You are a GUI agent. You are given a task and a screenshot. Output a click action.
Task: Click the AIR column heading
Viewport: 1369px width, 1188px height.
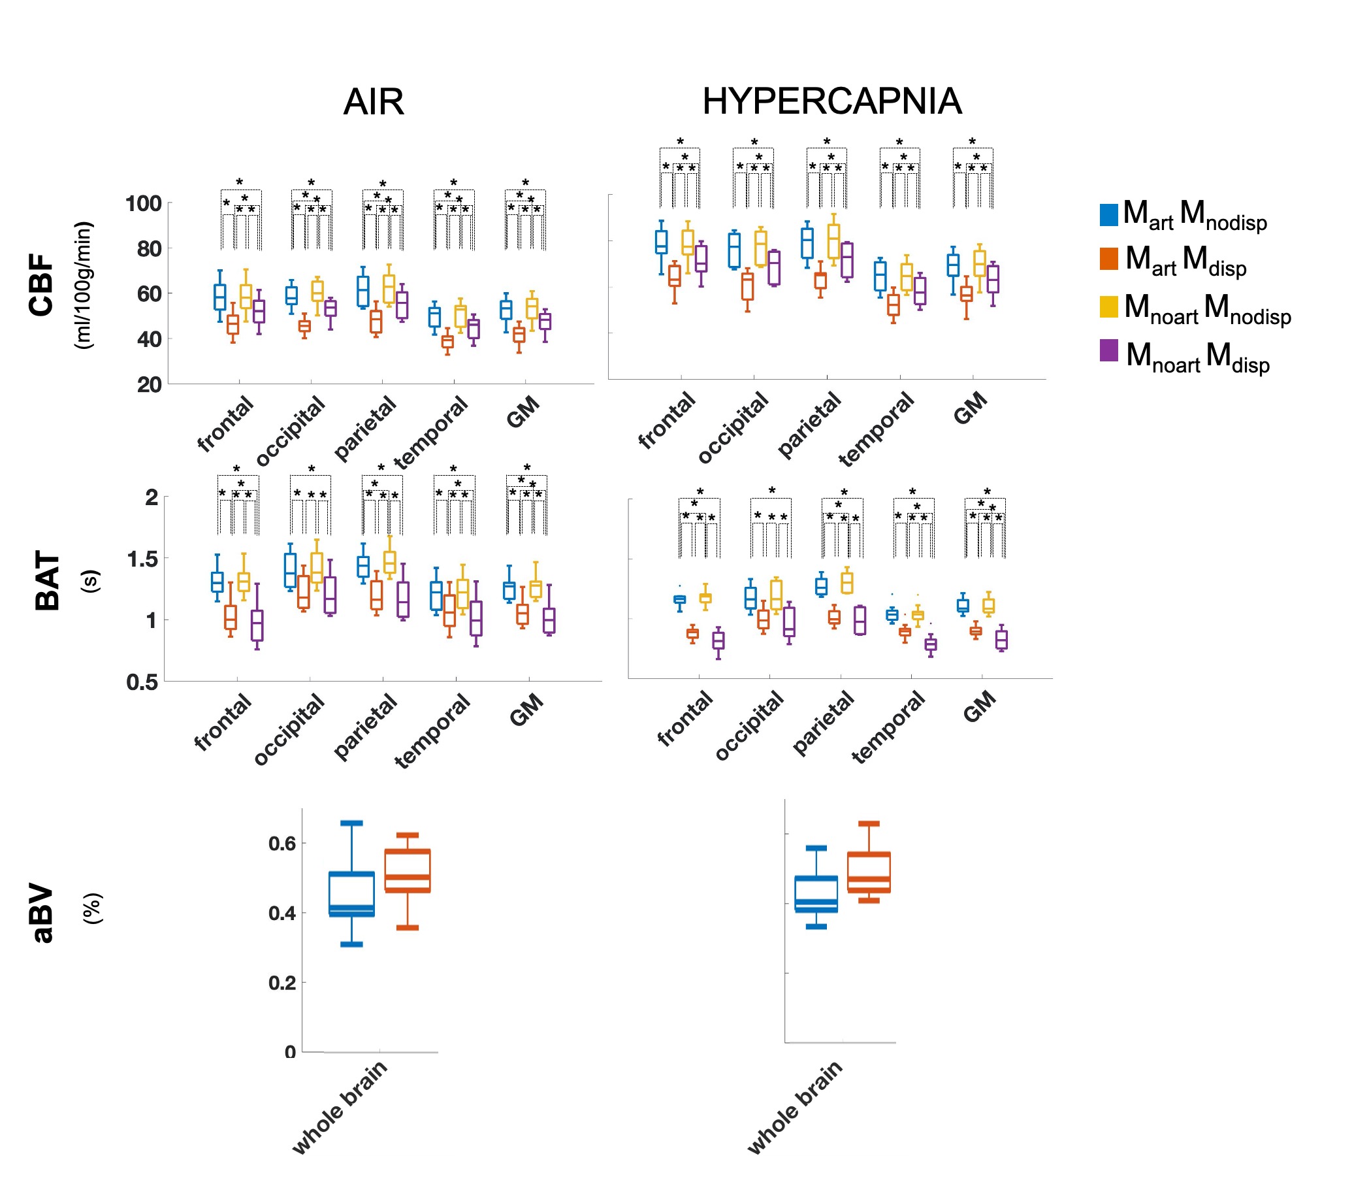pyautogui.click(x=373, y=102)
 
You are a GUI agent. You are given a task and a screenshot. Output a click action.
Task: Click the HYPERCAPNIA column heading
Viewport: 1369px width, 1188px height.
pyautogui.click(x=831, y=101)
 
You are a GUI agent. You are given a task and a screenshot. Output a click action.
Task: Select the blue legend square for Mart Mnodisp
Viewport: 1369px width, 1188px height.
pyautogui.click(x=1108, y=215)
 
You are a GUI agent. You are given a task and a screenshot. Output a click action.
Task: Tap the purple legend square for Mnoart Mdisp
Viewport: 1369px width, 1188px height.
pyautogui.click(x=1108, y=351)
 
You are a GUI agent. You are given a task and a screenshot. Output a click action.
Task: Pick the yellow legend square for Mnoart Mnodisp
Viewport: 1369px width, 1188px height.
pyautogui.click(x=1108, y=307)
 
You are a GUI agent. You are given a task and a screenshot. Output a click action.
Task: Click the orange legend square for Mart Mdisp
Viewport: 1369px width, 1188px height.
pyautogui.click(x=1108, y=259)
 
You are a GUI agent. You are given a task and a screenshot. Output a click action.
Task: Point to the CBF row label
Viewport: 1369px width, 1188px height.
pyautogui.click(x=42, y=284)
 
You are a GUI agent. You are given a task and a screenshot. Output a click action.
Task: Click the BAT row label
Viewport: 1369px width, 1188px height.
pyautogui.click(x=48, y=580)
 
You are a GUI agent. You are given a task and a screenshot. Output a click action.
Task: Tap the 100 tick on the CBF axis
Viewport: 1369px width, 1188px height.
pyautogui.click(x=143, y=203)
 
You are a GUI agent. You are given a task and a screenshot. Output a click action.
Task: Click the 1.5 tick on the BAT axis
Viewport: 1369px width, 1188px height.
pyautogui.click(x=142, y=559)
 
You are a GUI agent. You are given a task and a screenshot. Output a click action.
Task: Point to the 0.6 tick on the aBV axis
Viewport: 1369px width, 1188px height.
pyautogui.click(x=282, y=843)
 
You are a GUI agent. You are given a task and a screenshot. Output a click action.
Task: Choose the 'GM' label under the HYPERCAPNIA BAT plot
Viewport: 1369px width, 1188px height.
pyautogui.click(x=979, y=706)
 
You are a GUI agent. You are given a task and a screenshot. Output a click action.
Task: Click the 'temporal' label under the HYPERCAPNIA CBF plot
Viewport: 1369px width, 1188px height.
pyautogui.click(x=876, y=429)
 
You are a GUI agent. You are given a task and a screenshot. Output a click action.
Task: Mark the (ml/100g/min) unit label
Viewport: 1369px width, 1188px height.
pyautogui.click(x=84, y=285)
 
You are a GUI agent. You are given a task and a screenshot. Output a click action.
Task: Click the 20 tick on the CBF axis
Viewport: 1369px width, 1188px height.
pyautogui.click(x=149, y=384)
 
